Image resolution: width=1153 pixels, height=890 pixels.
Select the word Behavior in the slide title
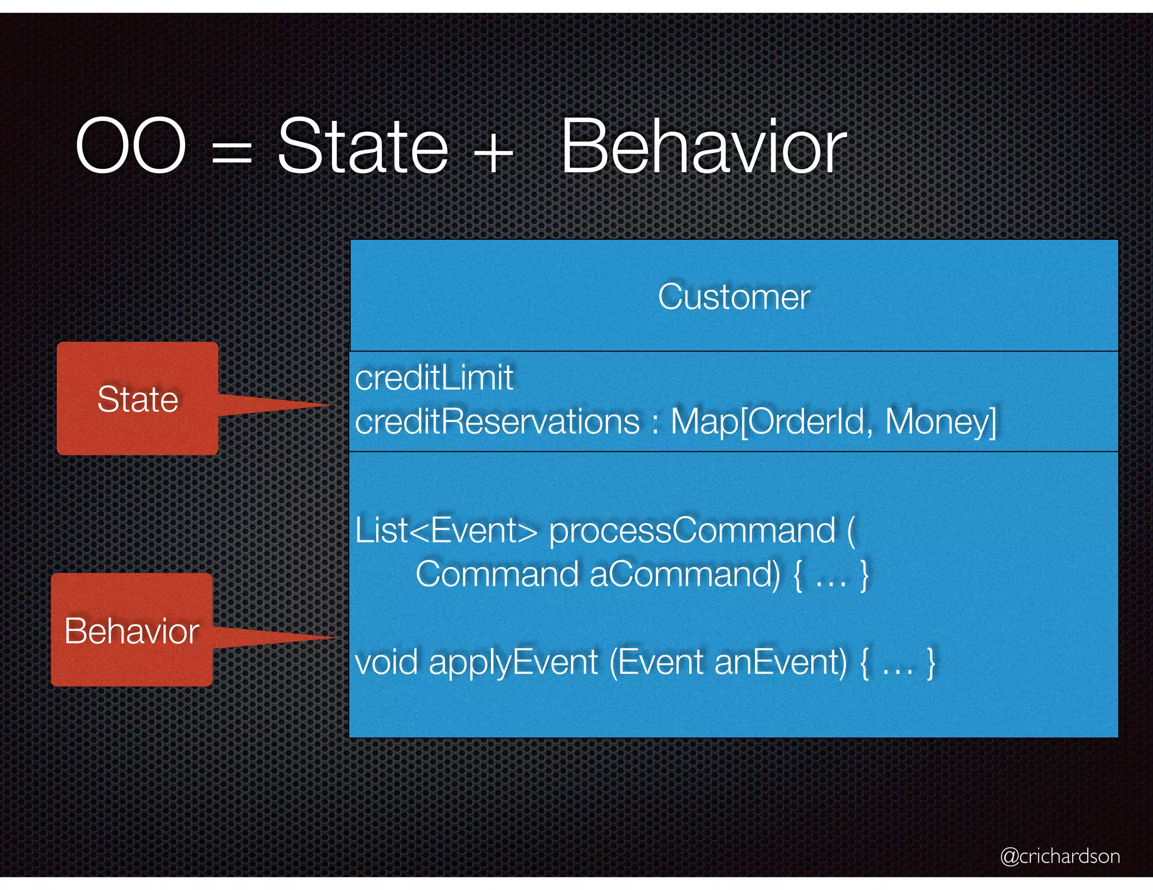703,147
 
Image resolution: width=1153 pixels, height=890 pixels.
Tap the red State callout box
137,398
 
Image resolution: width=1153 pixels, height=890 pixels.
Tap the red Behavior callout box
132,630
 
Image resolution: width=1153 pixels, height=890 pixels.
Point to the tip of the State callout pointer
332,404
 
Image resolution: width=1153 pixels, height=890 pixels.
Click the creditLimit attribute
434,377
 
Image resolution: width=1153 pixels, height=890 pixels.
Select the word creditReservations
497,421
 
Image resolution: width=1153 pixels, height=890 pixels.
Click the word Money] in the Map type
940,421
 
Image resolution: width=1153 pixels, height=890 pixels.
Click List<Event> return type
446,530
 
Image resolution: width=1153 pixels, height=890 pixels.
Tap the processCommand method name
692,531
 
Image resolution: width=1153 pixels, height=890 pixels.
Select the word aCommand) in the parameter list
685,574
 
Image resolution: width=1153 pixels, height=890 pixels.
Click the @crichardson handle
1060,856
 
